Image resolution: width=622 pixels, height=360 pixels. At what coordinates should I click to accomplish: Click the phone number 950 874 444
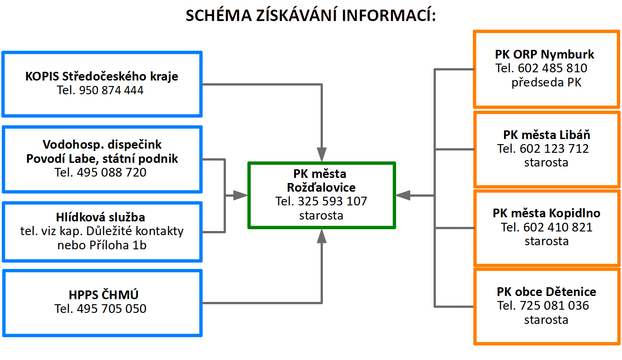111,90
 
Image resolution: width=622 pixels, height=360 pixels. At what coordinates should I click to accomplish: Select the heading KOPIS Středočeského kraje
102,76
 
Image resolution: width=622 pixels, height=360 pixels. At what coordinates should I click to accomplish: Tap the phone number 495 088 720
112,172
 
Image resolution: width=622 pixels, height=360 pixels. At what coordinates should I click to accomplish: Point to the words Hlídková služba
101,217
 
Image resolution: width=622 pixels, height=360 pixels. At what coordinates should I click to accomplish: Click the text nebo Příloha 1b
102,245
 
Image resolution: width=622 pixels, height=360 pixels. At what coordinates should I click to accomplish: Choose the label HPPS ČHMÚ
103,295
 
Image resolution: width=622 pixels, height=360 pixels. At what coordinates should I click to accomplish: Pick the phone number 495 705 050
112,309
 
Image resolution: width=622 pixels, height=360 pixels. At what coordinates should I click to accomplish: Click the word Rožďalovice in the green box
321,188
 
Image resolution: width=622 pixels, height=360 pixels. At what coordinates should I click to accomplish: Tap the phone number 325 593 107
332,201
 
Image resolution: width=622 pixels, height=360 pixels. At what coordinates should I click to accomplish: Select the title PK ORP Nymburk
545,54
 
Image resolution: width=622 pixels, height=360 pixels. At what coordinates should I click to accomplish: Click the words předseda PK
547,82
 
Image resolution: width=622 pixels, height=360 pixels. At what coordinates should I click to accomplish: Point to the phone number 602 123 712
554,149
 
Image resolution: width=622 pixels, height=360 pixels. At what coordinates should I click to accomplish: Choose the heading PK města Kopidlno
547,213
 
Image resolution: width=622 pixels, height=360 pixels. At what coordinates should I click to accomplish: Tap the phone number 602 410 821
558,227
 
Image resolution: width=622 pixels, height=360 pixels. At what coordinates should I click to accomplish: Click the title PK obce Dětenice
547,292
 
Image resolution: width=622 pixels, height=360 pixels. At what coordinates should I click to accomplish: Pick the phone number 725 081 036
554,306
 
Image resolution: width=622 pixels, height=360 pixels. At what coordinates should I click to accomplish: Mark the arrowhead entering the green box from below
322,236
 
